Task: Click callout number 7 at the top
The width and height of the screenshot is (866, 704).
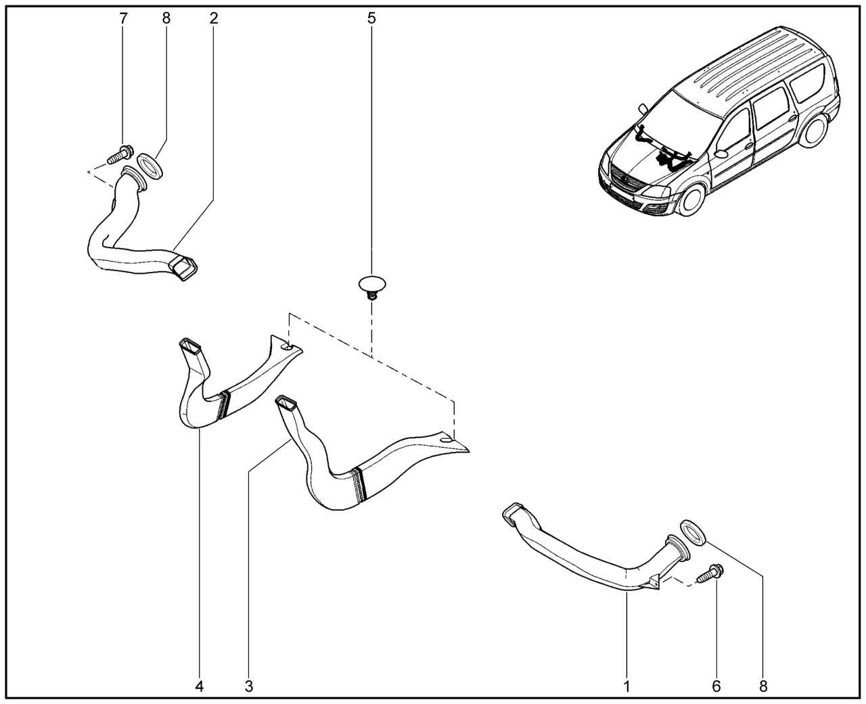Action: click(x=123, y=19)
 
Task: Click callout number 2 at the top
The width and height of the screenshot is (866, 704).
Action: click(x=214, y=19)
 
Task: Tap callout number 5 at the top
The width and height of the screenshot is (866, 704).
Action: click(x=371, y=19)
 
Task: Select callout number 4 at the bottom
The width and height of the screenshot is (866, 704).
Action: click(x=199, y=686)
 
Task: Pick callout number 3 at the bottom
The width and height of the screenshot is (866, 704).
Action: click(x=249, y=686)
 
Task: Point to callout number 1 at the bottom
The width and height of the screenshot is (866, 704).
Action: click(x=627, y=686)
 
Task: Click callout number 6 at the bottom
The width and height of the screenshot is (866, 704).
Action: click(x=716, y=686)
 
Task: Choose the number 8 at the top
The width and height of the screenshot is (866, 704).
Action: click(x=166, y=19)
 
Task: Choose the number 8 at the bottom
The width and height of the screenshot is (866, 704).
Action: click(x=763, y=686)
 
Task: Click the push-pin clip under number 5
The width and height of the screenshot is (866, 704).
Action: click(x=371, y=287)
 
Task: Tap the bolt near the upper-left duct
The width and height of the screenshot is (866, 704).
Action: click(x=120, y=154)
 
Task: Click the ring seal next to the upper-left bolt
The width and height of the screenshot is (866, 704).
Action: click(x=150, y=166)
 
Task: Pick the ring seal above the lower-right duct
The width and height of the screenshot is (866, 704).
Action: click(x=693, y=533)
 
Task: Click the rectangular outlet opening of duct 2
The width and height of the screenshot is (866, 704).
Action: click(x=183, y=268)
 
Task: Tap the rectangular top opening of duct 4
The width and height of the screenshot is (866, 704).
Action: click(x=190, y=346)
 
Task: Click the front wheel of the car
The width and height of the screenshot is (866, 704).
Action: click(x=692, y=200)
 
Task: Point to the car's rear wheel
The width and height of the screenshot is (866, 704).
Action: click(x=814, y=131)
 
